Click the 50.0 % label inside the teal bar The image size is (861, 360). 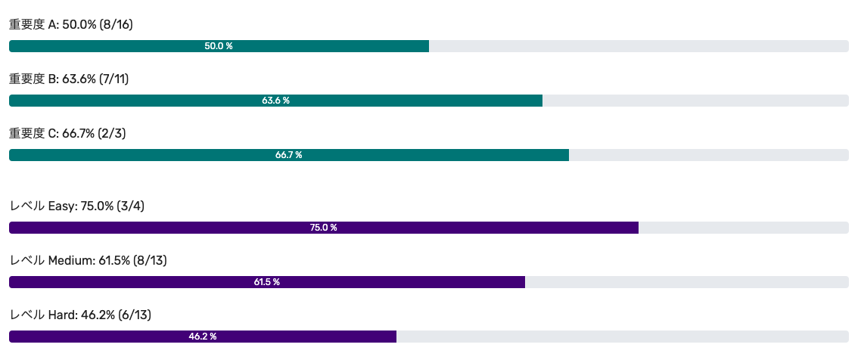click(x=219, y=46)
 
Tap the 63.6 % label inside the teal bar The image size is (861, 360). click(x=275, y=101)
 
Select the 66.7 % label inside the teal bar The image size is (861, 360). click(x=288, y=155)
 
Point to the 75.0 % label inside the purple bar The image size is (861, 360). click(x=323, y=228)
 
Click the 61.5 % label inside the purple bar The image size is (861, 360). click(x=266, y=282)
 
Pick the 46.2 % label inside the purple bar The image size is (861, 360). click(x=203, y=337)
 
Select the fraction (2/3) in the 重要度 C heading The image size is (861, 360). click(x=111, y=134)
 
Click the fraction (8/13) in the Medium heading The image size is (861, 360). click(x=150, y=261)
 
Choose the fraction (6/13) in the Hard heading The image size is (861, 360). click(x=134, y=315)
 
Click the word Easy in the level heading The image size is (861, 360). click(x=61, y=206)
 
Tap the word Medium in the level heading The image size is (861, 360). click(x=70, y=261)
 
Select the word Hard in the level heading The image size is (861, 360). click(x=61, y=315)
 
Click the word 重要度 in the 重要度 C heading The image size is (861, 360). click(x=26, y=134)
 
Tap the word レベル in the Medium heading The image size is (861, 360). click(x=26, y=261)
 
